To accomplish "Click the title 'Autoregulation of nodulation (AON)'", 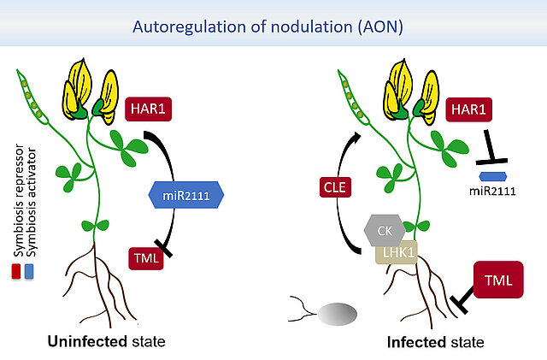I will [x=273, y=26].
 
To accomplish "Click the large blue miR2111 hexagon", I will [x=185, y=196].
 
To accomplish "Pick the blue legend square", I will [x=30, y=272].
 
